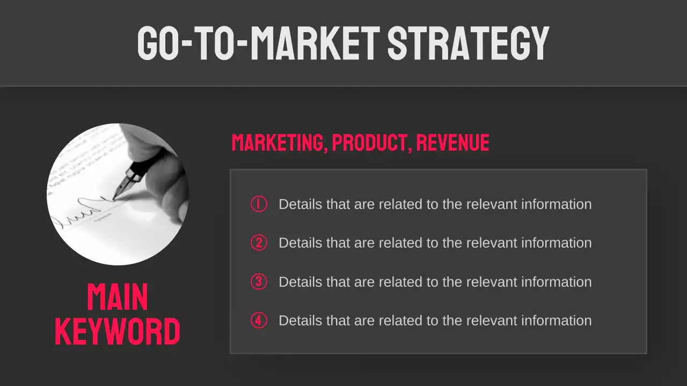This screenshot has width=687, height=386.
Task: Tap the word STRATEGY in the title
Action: [468, 42]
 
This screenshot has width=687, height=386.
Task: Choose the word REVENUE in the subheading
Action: [452, 143]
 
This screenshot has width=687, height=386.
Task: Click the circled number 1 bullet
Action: [259, 204]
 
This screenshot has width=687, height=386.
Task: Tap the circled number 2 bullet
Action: [259, 243]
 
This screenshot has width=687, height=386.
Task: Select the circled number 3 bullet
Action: [259, 281]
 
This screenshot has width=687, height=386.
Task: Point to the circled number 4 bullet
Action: [259, 321]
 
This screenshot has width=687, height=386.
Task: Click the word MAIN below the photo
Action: [118, 298]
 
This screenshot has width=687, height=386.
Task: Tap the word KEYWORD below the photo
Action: [118, 332]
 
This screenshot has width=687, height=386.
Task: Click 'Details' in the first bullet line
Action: [300, 204]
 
